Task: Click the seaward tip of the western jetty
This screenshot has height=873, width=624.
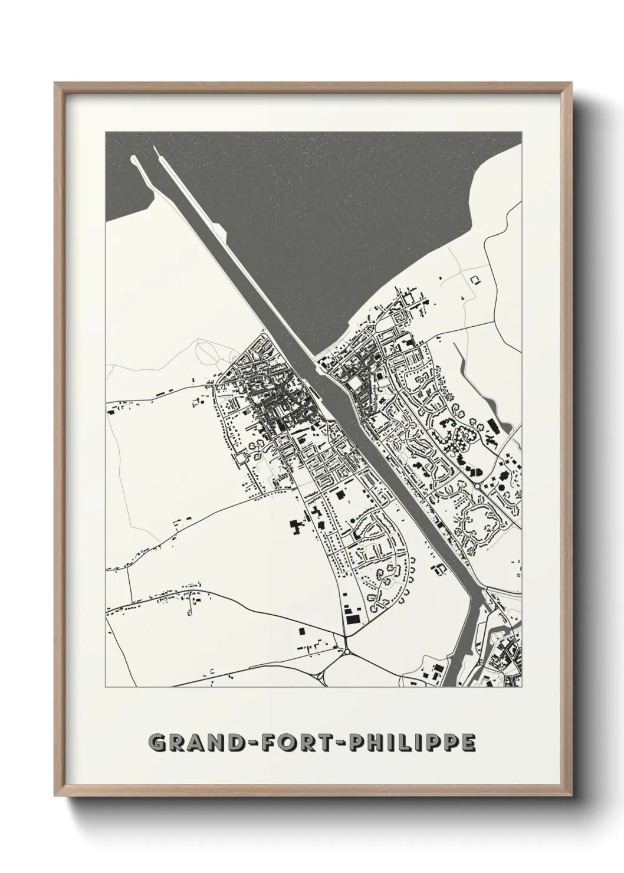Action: pos(133,157)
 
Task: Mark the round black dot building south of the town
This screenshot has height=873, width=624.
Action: pos(353,521)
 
